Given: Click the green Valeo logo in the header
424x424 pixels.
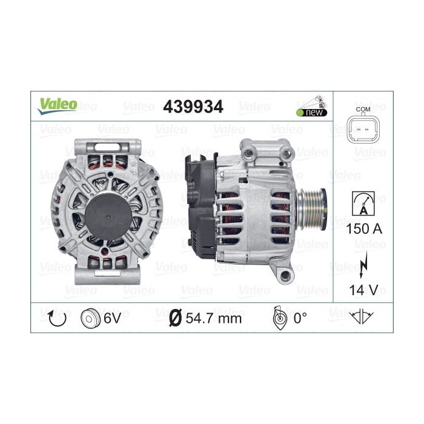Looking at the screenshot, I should click(x=59, y=105).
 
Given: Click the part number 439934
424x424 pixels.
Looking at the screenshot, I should click(x=193, y=107).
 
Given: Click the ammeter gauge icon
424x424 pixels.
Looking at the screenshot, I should click(x=363, y=202).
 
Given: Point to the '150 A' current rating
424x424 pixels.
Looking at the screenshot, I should click(x=363, y=230).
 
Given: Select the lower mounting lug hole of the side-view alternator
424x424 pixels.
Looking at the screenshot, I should click(x=287, y=276).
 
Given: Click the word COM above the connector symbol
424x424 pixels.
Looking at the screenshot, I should click(x=363, y=109).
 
